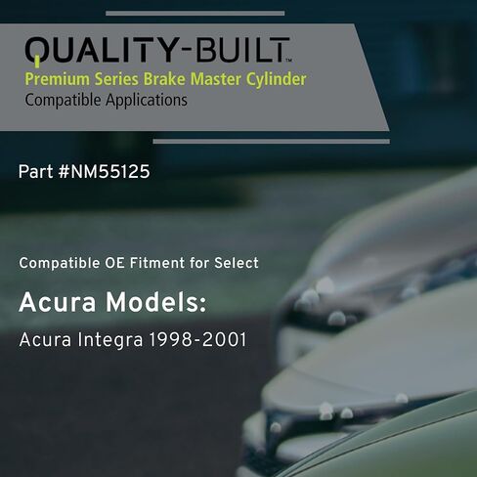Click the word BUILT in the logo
pyautogui.click(x=228, y=50)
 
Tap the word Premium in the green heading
pyautogui.click(x=53, y=78)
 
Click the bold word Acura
pyautogui.click(x=50, y=304)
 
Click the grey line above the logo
pyautogui.click(x=195, y=14)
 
